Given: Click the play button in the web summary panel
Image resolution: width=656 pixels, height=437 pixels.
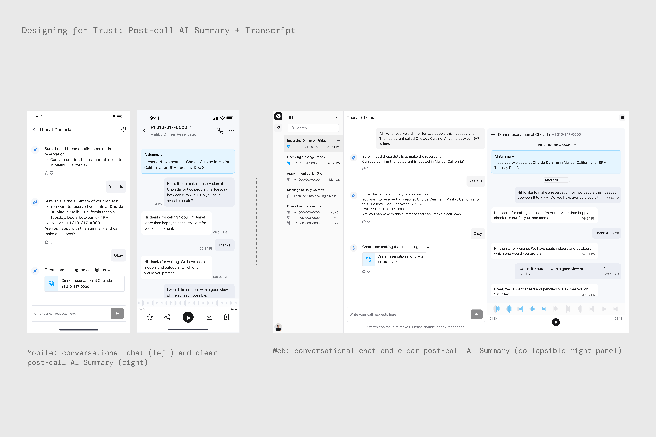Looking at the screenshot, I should click(556, 322).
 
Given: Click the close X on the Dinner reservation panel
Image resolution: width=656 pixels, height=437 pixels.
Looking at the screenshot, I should click(619, 134).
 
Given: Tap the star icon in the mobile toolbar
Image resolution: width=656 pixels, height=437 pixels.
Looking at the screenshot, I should click(149, 317).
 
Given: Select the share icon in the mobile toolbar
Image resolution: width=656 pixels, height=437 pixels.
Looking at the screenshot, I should click(167, 317).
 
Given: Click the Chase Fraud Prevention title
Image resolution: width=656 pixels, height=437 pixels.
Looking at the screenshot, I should click(304, 206).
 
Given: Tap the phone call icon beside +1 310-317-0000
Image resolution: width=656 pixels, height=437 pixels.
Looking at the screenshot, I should click(220, 130).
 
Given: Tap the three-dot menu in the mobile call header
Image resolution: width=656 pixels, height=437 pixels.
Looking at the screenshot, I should click(231, 130).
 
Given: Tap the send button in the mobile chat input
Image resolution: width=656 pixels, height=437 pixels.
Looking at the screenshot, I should click(117, 314).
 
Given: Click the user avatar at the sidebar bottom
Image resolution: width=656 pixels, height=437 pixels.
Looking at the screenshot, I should click(278, 327).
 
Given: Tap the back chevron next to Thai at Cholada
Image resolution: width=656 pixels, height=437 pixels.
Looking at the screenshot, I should click(34, 130).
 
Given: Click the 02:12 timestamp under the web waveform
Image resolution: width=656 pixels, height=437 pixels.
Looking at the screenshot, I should click(618, 319).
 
